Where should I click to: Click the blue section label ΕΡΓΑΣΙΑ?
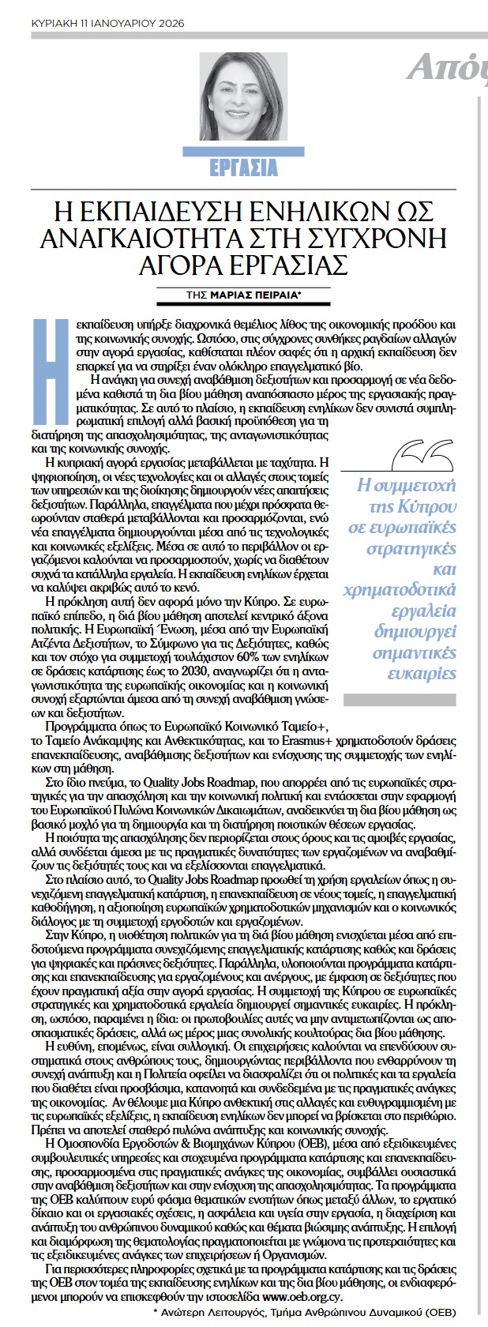coord(243,167)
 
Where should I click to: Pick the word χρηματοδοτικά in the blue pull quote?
coord(400,590)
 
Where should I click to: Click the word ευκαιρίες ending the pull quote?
coord(422,674)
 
